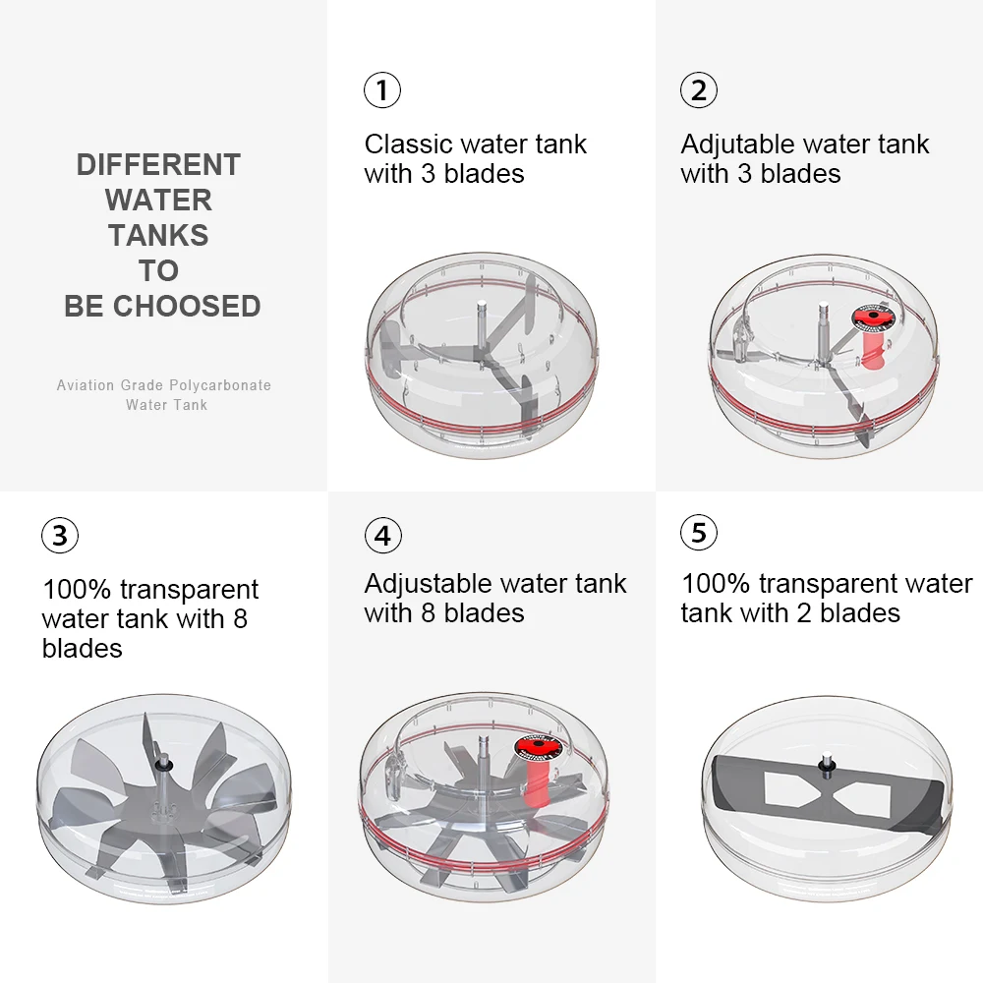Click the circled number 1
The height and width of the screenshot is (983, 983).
pyautogui.click(x=382, y=90)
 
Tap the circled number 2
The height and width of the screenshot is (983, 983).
pyautogui.click(x=698, y=90)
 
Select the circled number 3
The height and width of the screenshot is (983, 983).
pyautogui.click(x=60, y=536)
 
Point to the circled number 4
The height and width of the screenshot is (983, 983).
pyautogui.click(x=383, y=536)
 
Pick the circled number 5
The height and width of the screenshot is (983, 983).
pyautogui.click(x=698, y=532)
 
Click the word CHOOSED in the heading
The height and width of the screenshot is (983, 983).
pyautogui.click(x=187, y=306)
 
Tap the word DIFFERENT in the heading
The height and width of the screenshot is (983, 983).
pyautogui.click(x=158, y=165)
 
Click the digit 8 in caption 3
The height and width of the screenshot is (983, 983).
pyautogui.click(x=240, y=619)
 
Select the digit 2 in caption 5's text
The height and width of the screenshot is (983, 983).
pyautogui.click(x=804, y=613)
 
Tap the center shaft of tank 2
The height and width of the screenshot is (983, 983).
pyautogui.click(x=824, y=328)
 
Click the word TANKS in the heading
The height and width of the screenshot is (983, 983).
pyautogui.click(x=158, y=236)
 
